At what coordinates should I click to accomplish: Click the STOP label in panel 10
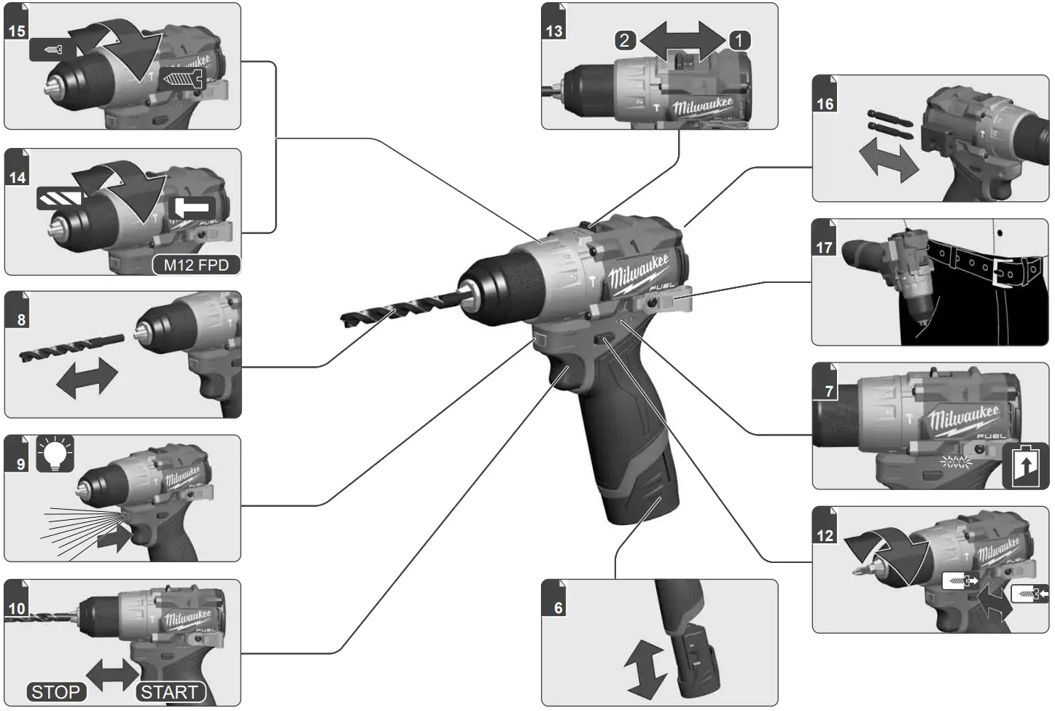coord(56,691)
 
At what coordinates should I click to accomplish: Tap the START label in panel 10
coord(169,691)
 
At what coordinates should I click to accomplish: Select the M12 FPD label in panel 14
coord(196,265)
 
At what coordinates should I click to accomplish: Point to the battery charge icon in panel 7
coord(1026,466)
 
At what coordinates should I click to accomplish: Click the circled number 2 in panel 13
coord(624,40)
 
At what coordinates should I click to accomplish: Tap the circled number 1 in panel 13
coord(739,40)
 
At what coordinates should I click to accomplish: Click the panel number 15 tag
coord(16,31)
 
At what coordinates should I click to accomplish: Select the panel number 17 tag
coord(824,247)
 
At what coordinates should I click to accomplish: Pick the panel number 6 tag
coord(558,607)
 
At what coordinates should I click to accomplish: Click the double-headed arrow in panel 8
coord(86,378)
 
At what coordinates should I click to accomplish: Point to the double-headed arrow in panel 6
coord(645,669)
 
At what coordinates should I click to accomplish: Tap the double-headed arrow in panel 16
coord(888,162)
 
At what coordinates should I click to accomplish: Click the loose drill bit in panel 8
coord(71,346)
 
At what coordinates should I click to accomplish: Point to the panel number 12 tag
coord(825,535)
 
